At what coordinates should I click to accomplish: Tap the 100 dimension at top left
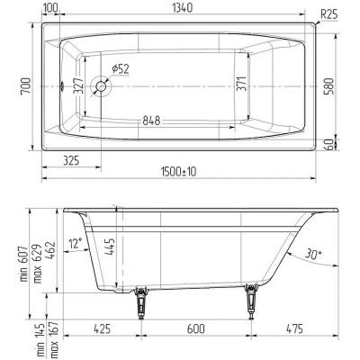50,8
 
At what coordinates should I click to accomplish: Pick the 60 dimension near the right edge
332,144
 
